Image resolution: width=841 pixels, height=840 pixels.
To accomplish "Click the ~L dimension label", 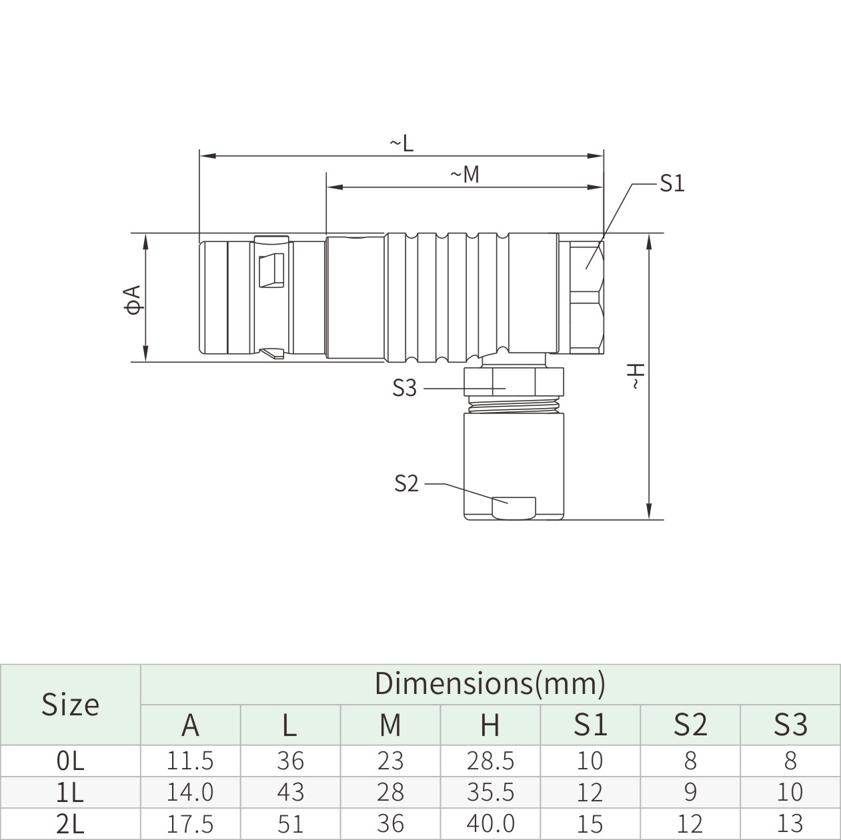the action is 401,143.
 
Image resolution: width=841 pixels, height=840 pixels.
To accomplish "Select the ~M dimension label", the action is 465,175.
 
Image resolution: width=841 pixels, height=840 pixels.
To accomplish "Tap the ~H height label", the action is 637,376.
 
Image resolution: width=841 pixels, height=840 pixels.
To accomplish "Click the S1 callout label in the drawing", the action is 672,183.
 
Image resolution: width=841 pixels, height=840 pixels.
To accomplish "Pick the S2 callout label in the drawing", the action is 406,483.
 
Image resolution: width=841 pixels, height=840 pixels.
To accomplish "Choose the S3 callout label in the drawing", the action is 405,388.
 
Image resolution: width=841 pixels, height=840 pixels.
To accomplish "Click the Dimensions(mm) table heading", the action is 490,683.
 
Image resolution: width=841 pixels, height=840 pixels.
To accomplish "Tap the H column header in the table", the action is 490,725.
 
